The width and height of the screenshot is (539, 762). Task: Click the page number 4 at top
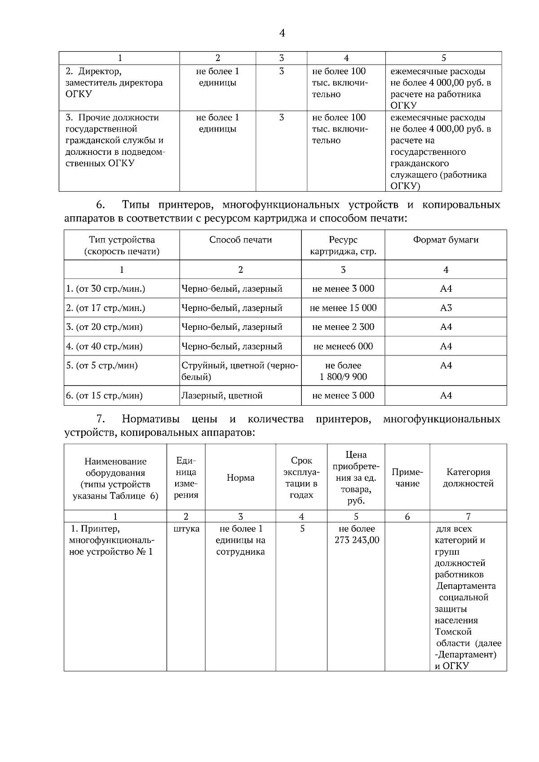pyautogui.click(x=282, y=33)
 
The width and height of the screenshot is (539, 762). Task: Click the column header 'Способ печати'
pyautogui.click(x=240, y=240)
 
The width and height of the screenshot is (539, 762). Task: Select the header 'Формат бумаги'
pyautogui.click(x=446, y=240)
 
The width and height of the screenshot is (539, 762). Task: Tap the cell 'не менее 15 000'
pyautogui.click(x=343, y=308)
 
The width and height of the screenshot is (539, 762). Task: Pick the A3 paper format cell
pyautogui.click(x=446, y=308)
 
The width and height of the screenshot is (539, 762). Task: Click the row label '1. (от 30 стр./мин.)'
pyautogui.click(x=106, y=289)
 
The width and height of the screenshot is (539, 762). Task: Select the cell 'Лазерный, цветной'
pyautogui.click(x=222, y=395)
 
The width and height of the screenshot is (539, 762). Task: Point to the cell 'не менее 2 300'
pyautogui.click(x=343, y=327)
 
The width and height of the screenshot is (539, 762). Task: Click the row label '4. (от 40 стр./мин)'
pyautogui.click(x=104, y=346)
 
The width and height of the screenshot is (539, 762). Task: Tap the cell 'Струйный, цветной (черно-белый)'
pyautogui.click(x=240, y=371)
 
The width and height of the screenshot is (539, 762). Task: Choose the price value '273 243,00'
pyautogui.click(x=357, y=540)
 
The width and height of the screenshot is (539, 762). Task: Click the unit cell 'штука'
pyautogui.click(x=186, y=529)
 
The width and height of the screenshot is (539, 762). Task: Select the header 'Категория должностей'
pyautogui.click(x=468, y=477)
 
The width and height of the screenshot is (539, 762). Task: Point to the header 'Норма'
pyautogui.click(x=240, y=478)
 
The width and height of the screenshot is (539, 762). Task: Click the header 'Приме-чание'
pyautogui.click(x=407, y=477)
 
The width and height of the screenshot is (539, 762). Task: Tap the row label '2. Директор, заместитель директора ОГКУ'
pyautogui.click(x=114, y=83)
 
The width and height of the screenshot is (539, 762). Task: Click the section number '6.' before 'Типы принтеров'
pyautogui.click(x=101, y=205)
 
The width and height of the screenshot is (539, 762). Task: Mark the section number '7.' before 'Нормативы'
pyautogui.click(x=101, y=419)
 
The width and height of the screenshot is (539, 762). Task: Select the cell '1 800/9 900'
pyautogui.click(x=343, y=377)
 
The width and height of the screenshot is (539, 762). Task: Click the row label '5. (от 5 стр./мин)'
pyautogui.click(x=102, y=366)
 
